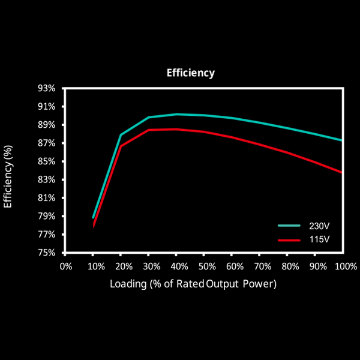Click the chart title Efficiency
(x=190, y=73)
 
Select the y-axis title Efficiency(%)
(x=8, y=176)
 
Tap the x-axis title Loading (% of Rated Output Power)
(x=193, y=284)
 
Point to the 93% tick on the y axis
(x=46, y=88)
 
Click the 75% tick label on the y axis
(x=46, y=253)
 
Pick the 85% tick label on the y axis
(x=46, y=161)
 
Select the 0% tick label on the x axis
(x=65, y=265)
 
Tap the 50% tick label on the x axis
(x=204, y=265)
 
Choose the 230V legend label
(x=319, y=226)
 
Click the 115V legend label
(x=319, y=239)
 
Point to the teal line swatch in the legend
(x=289, y=226)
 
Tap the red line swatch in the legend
(x=289, y=239)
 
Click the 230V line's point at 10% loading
(x=94, y=217)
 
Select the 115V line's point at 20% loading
(x=121, y=146)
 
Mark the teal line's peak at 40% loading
(x=176, y=114)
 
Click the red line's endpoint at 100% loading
(x=342, y=172)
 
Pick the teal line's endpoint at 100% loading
(x=342, y=140)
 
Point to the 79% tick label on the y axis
(x=46, y=216)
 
